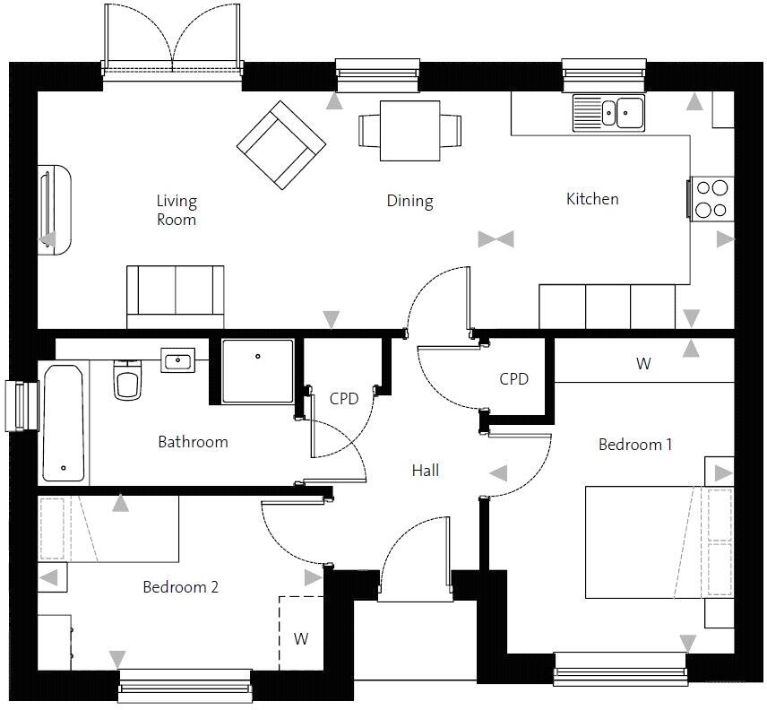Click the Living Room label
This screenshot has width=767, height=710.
tap(176, 210)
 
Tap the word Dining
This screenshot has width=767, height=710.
tap(409, 201)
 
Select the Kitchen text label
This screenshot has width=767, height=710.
tap(592, 199)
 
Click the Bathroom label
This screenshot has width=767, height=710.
tap(193, 442)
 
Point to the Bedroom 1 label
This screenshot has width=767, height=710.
tap(634, 445)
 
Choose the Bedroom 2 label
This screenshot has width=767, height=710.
tap(180, 587)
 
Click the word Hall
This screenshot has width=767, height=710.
tap(426, 470)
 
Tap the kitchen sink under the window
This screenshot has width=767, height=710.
tap(609, 112)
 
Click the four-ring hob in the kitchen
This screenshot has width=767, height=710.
tap(711, 199)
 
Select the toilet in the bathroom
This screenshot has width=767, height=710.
tap(127, 380)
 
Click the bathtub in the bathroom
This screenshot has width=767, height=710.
tap(64, 423)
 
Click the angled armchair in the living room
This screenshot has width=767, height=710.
tap(280, 145)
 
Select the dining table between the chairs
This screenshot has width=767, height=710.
tap(410, 131)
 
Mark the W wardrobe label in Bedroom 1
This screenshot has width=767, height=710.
tap(643, 364)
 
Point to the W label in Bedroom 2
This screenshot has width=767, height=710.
tap(301, 639)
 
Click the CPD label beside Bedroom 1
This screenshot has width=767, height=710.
tap(513, 379)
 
